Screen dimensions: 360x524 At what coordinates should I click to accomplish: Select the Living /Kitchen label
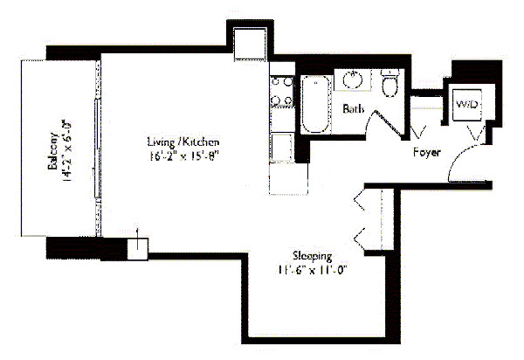(x=182, y=142)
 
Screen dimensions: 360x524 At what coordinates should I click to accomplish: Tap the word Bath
(x=352, y=109)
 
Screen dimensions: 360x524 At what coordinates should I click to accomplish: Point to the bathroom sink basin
(x=353, y=80)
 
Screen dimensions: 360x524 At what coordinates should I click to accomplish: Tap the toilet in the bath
(x=390, y=84)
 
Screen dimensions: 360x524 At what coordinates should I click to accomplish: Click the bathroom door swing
(x=384, y=122)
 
